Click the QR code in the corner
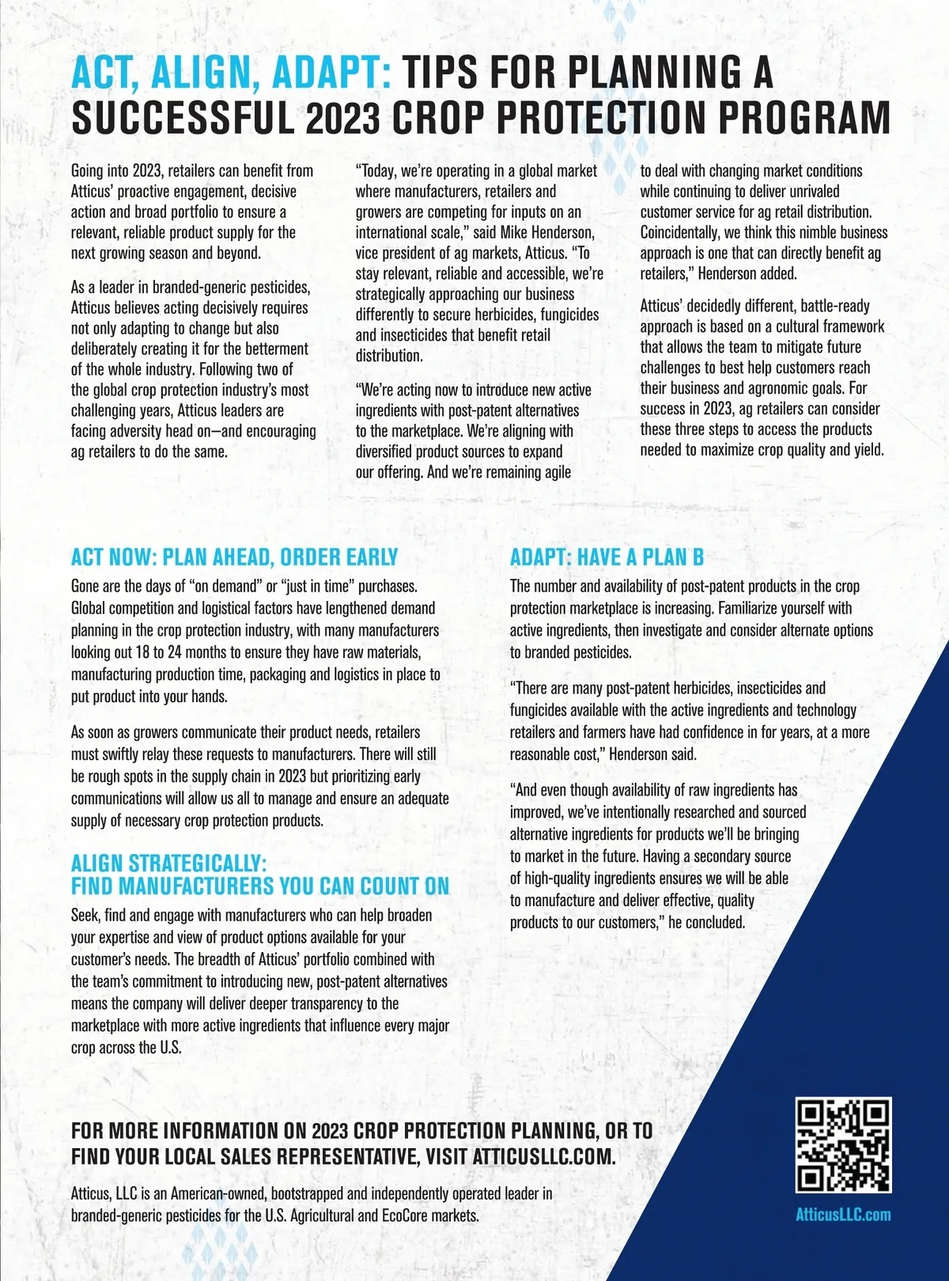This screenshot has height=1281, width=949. tap(843, 1145)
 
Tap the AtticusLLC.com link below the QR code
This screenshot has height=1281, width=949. tap(843, 1215)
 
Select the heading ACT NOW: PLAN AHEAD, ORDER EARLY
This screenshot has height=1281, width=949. tap(234, 557)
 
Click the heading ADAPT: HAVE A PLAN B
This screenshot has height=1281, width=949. tap(607, 557)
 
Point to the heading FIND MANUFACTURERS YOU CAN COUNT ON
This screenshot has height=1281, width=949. tap(260, 886)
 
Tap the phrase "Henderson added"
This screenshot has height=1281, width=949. tap(747, 274)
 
